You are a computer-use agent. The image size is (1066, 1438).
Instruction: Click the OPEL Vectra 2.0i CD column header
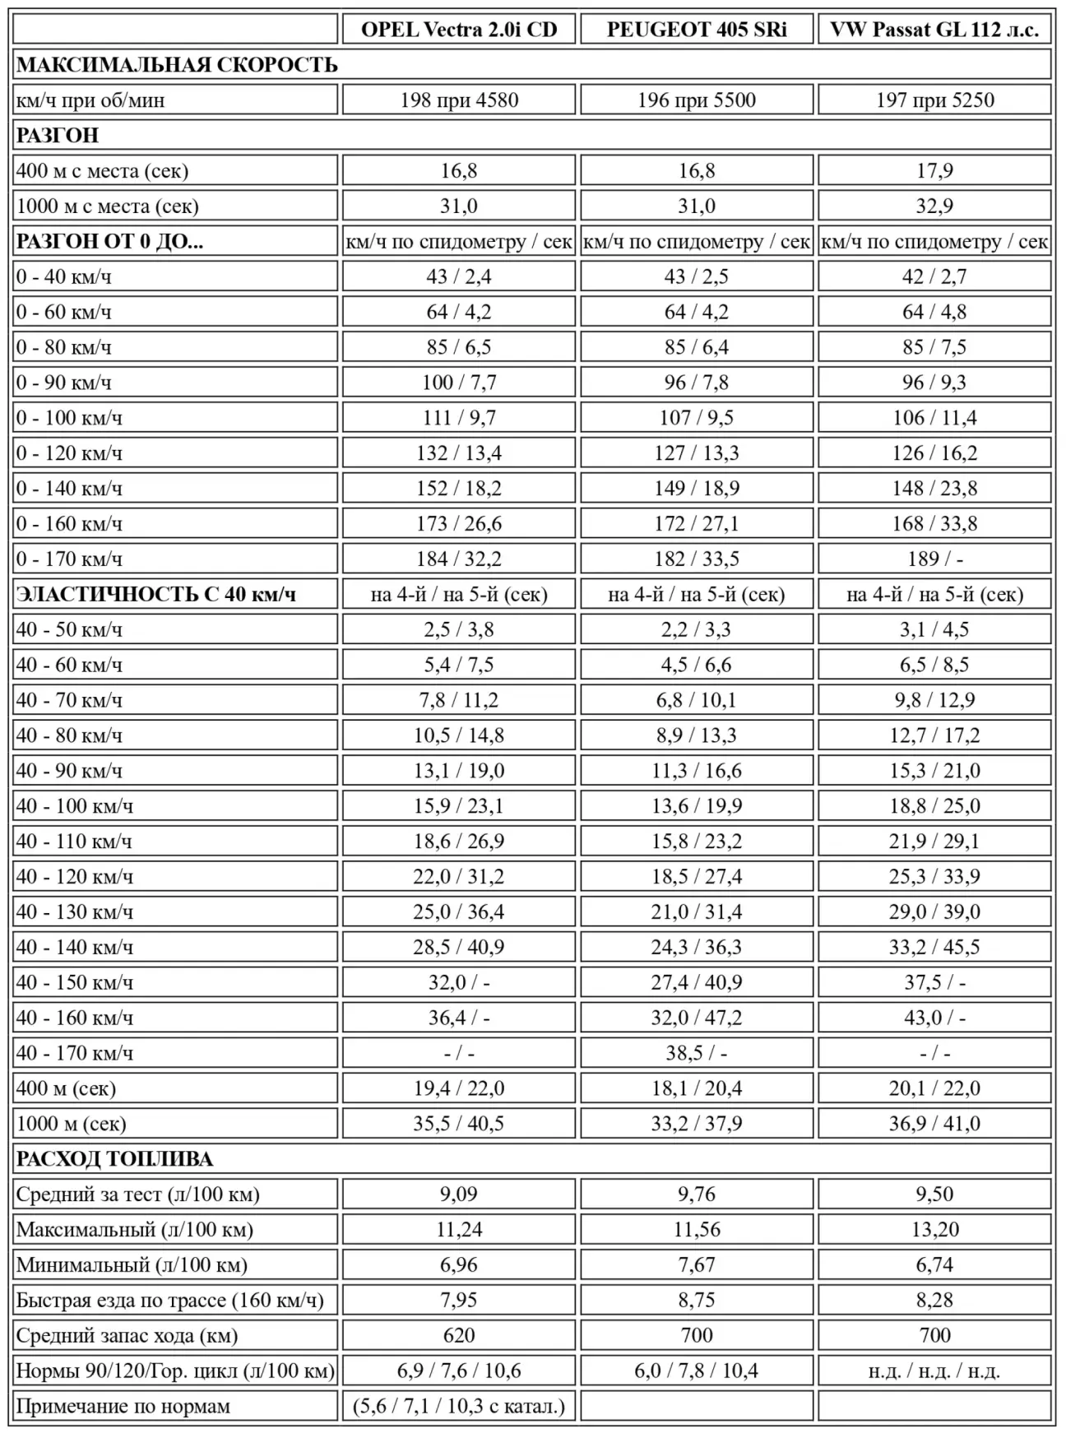[x=459, y=30]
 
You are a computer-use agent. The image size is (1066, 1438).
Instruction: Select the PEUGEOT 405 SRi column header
[x=697, y=30]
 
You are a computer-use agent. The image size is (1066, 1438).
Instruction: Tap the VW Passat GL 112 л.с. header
[x=934, y=30]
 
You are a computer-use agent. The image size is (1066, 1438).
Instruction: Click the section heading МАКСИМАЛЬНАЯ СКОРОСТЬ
[x=177, y=65]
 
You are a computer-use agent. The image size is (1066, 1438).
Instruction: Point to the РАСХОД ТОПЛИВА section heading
[x=114, y=1159]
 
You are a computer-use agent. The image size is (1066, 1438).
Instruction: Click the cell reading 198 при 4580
[x=459, y=100]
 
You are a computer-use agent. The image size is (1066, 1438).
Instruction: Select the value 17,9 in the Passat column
[x=934, y=171]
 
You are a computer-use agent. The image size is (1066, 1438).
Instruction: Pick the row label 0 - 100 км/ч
[x=69, y=418]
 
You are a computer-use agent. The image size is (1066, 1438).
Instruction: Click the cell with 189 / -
[x=934, y=559]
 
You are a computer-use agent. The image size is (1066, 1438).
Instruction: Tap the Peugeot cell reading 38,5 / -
[x=697, y=1053]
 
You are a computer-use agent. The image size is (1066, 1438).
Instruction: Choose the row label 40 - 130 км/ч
[x=74, y=912]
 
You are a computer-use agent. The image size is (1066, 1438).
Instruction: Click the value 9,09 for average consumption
[x=459, y=1194]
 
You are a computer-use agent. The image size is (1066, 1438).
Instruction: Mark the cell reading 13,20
[x=934, y=1230]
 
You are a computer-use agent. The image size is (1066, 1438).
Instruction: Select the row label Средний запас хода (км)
[x=127, y=1335]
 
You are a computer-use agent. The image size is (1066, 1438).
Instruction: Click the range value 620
[x=459, y=1335]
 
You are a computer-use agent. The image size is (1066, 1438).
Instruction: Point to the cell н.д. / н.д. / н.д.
[x=934, y=1371]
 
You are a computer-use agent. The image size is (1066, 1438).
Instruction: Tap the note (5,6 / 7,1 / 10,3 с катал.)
[x=459, y=1406]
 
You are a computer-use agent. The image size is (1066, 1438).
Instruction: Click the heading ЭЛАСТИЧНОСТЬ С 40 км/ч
[x=156, y=594]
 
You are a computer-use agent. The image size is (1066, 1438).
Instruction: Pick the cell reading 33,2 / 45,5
[x=934, y=947]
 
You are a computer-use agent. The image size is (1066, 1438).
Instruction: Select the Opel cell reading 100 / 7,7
[x=459, y=383]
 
